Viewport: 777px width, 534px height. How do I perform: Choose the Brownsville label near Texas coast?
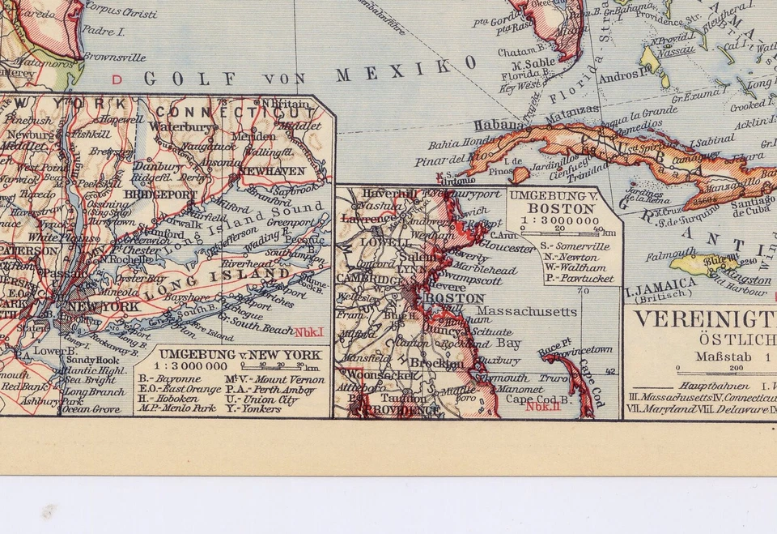pos(115,58)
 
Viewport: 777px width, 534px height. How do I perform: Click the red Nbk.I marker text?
pos(308,331)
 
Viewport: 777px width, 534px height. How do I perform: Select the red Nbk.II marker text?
pos(542,407)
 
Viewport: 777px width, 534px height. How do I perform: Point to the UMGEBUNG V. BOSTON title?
pos(565,201)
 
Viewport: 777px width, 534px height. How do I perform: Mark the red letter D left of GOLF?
pos(117,79)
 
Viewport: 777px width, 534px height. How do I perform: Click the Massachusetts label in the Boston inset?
pos(526,311)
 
